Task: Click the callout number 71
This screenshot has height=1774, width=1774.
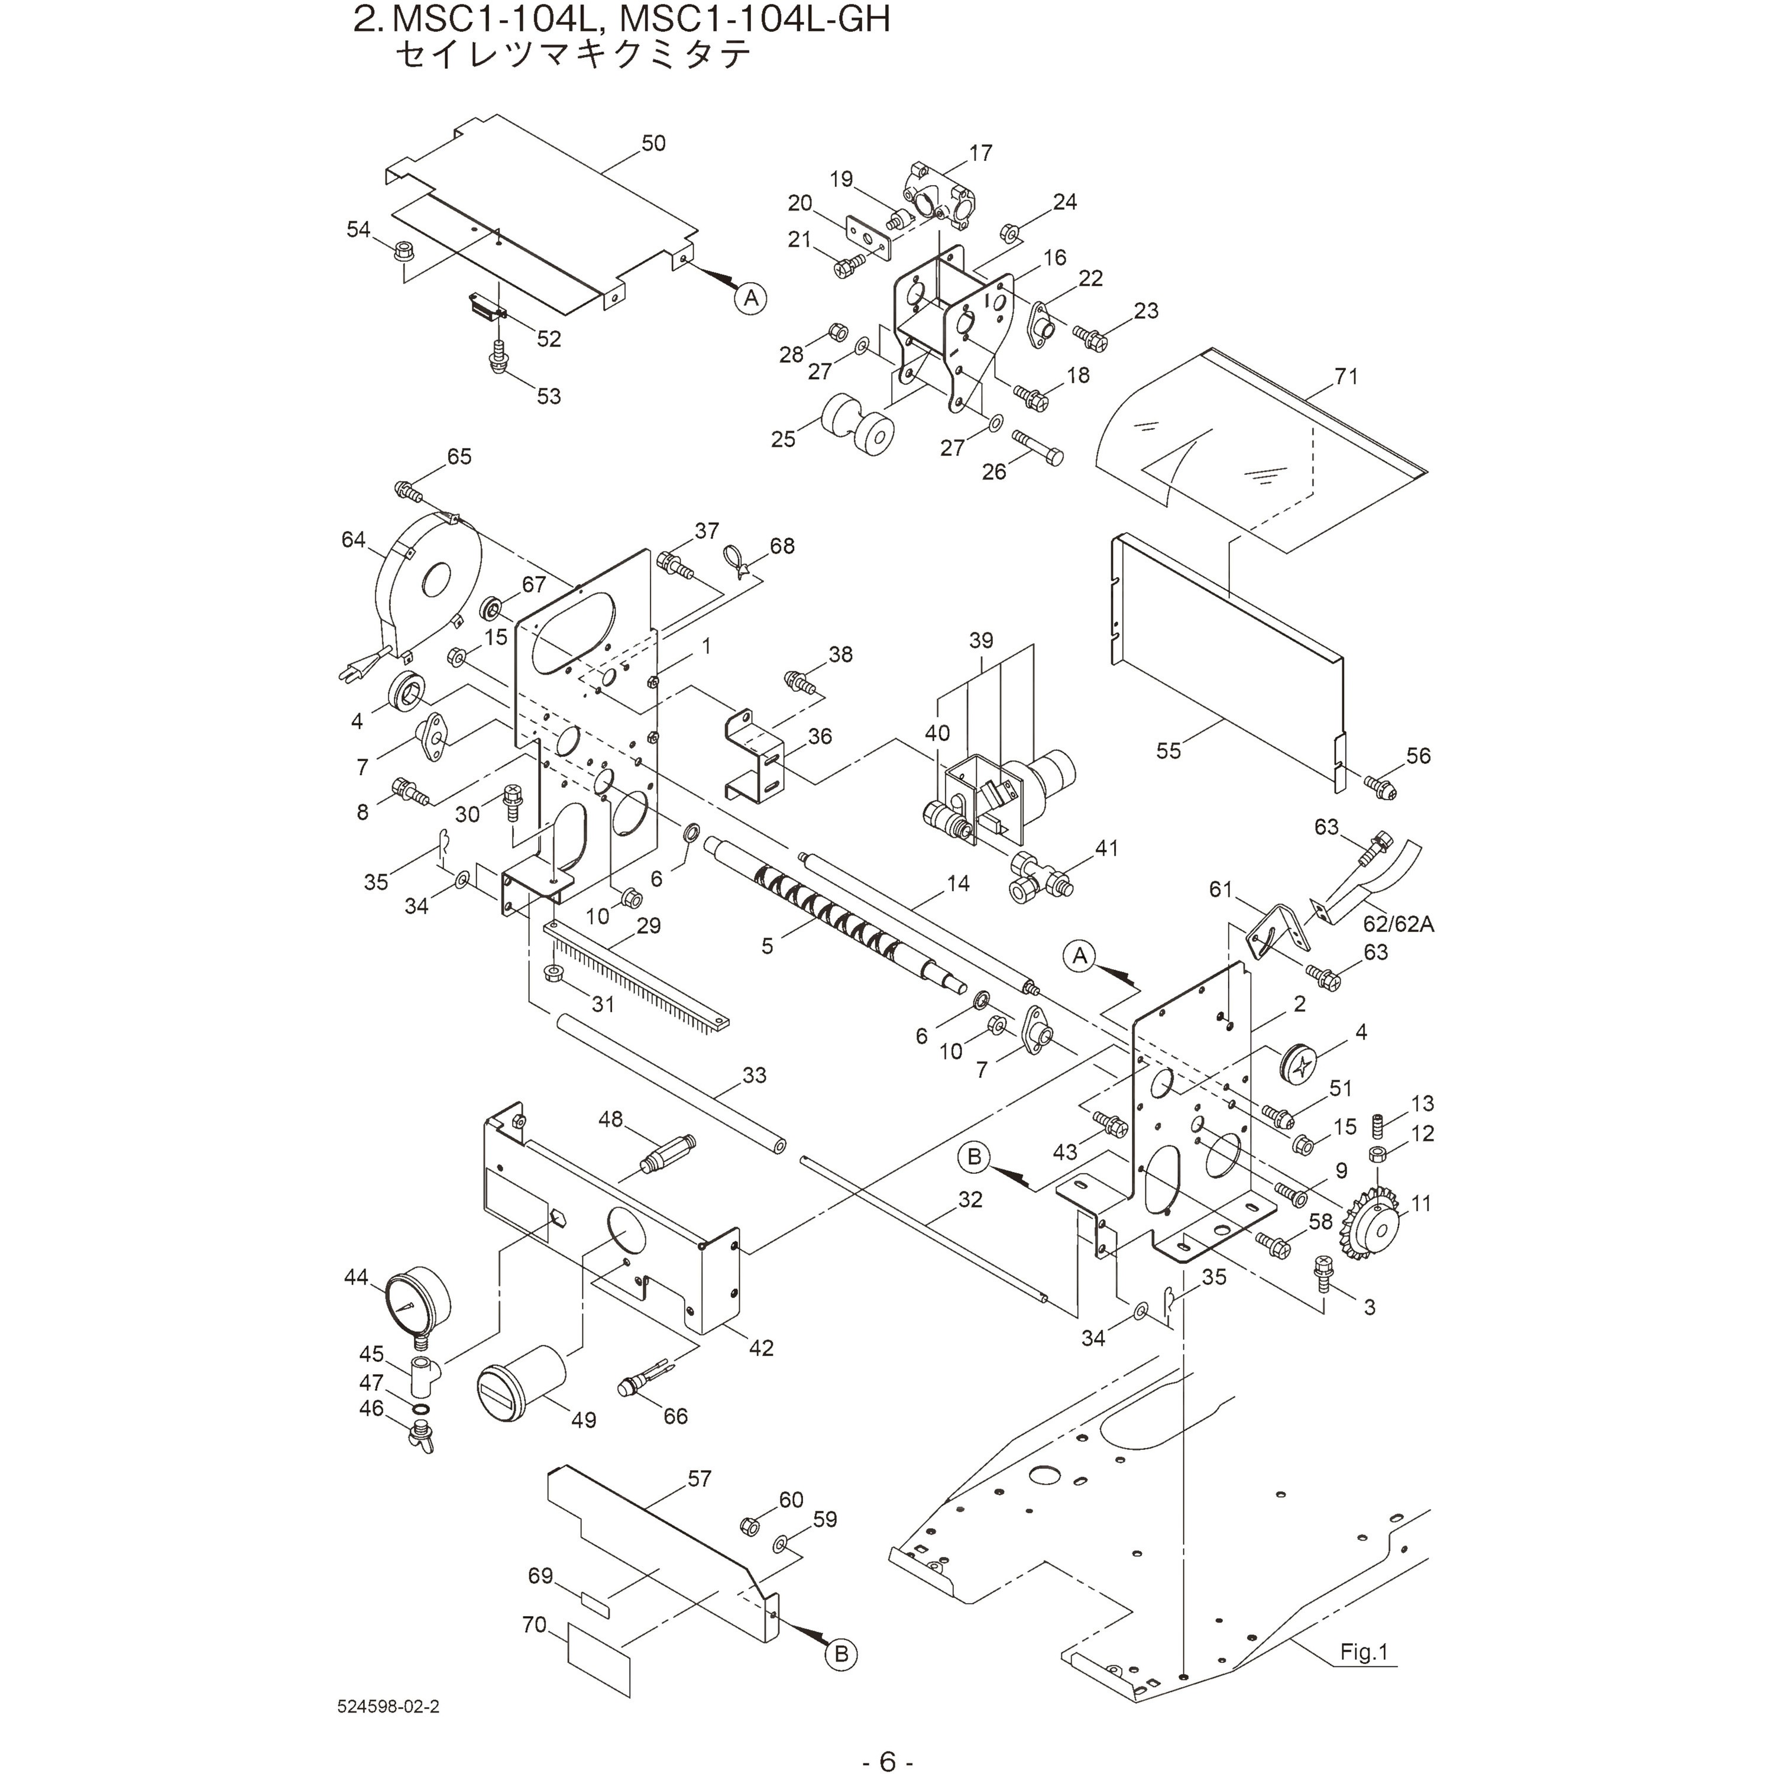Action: pos(1346,377)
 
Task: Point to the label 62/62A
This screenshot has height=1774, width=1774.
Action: pos(1397,924)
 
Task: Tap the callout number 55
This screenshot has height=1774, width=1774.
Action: pos(1168,750)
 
